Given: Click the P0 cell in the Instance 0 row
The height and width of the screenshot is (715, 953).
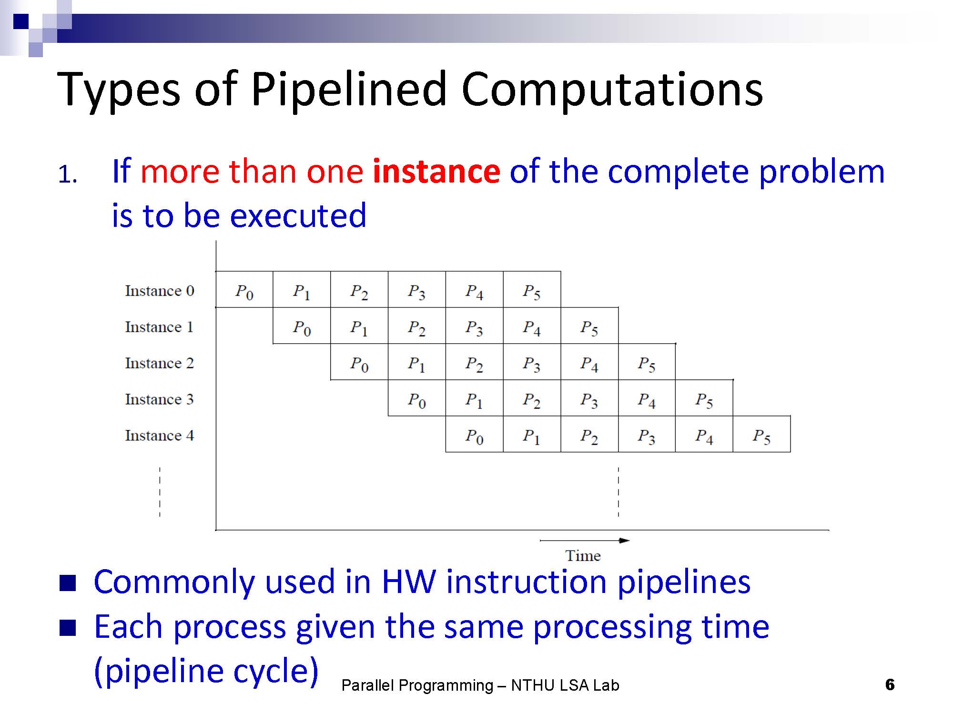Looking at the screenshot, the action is point(244,289).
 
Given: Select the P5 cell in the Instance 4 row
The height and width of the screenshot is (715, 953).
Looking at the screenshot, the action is point(761,434).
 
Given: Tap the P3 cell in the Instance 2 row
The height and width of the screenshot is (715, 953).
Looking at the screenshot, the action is point(532,362).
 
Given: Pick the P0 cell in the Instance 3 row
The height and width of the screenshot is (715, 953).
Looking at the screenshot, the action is point(417,398).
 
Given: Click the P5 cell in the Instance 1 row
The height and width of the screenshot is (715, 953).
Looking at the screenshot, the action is point(589,326).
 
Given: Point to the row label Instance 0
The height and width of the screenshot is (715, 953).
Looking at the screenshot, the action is point(160,290).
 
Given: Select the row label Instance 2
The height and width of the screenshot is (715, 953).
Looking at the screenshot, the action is point(160,363).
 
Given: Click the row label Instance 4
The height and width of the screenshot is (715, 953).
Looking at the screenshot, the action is point(160,435).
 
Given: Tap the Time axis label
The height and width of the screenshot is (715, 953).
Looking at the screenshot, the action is point(583,556).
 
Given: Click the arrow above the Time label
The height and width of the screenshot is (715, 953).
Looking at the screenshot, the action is point(585,541).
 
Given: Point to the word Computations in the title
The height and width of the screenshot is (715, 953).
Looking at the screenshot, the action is point(612,90).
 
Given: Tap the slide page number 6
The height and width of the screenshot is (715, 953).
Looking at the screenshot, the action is point(890,685).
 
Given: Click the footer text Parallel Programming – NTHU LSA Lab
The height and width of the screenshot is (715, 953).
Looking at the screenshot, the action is point(480,685).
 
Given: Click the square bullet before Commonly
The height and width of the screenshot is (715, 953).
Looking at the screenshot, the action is point(68,583).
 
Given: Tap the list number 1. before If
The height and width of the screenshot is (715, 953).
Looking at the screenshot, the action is point(68,175).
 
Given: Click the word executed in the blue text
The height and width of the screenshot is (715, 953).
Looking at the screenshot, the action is point(298,215).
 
